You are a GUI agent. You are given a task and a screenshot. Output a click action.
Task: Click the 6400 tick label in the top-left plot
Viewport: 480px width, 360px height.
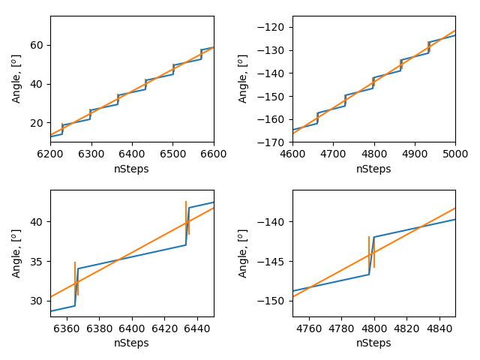[x=132, y=154]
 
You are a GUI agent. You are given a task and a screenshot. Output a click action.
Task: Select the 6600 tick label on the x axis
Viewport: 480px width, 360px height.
[x=214, y=154]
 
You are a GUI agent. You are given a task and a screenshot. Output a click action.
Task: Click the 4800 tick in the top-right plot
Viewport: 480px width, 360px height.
[x=373, y=154]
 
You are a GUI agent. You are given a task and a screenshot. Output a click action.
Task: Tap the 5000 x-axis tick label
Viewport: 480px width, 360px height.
[x=455, y=154]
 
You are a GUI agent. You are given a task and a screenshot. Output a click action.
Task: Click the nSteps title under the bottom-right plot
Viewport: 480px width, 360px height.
[x=373, y=343]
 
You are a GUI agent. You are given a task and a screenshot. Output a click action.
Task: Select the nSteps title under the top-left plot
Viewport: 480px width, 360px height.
[x=131, y=169]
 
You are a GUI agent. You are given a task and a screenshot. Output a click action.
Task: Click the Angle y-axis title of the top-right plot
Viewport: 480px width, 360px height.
[x=243, y=79]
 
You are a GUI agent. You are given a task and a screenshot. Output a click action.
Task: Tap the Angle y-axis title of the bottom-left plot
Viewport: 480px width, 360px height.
[x=16, y=253]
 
